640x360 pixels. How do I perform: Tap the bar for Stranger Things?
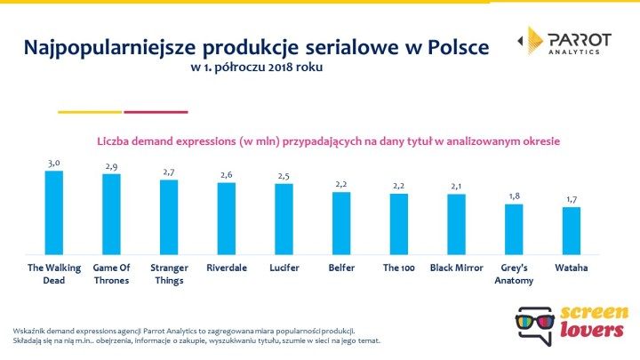pyautogui.click(x=169, y=217)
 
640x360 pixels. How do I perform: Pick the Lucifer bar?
pyautogui.click(x=284, y=219)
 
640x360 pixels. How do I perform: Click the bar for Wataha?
pyautogui.click(x=571, y=230)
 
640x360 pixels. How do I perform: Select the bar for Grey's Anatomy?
pyautogui.click(x=514, y=228)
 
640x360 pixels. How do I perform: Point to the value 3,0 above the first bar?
pyautogui.click(x=54, y=164)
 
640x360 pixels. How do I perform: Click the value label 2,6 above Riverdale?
pyautogui.click(x=227, y=175)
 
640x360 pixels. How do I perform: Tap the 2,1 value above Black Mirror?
pyautogui.click(x=456, y=187)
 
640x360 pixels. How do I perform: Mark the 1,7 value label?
pyautogui.click(x=571, y=200)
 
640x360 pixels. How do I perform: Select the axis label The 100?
pyautogui.click(x=398, y=266)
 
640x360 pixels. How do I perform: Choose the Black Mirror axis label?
pyautogui.click(x=456, y=266)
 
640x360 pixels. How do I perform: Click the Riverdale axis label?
pyautogui.click(x=227, y=266)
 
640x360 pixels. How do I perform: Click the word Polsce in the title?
pyautogui.click(x=450, y=46)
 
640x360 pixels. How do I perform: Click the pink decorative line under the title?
pyautogui.click(x=156, y=112)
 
